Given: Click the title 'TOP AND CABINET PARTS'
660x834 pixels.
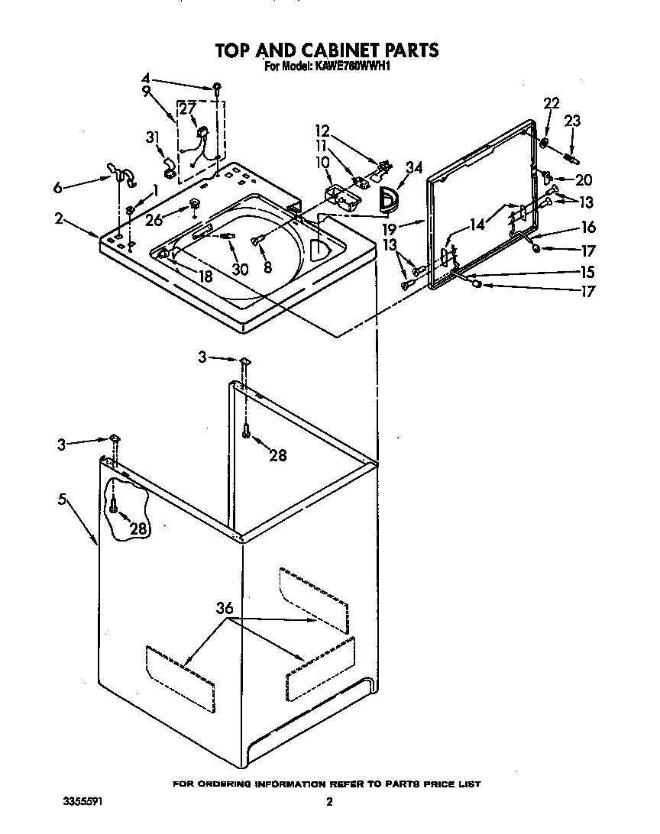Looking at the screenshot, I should (326, 50).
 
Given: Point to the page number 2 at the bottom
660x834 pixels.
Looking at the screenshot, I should (329, 803).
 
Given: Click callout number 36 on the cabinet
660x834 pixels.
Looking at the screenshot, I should (224, 609).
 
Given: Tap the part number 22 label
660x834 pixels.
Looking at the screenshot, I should (551, 104).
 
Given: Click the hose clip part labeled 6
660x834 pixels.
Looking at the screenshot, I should (121, 175).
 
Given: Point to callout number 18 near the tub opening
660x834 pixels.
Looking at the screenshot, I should (205, 277).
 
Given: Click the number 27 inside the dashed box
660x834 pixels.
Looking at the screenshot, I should (186, 109).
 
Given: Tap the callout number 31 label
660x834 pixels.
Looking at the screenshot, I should (152, 137).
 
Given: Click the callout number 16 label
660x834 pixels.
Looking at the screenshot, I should (587, 227).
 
